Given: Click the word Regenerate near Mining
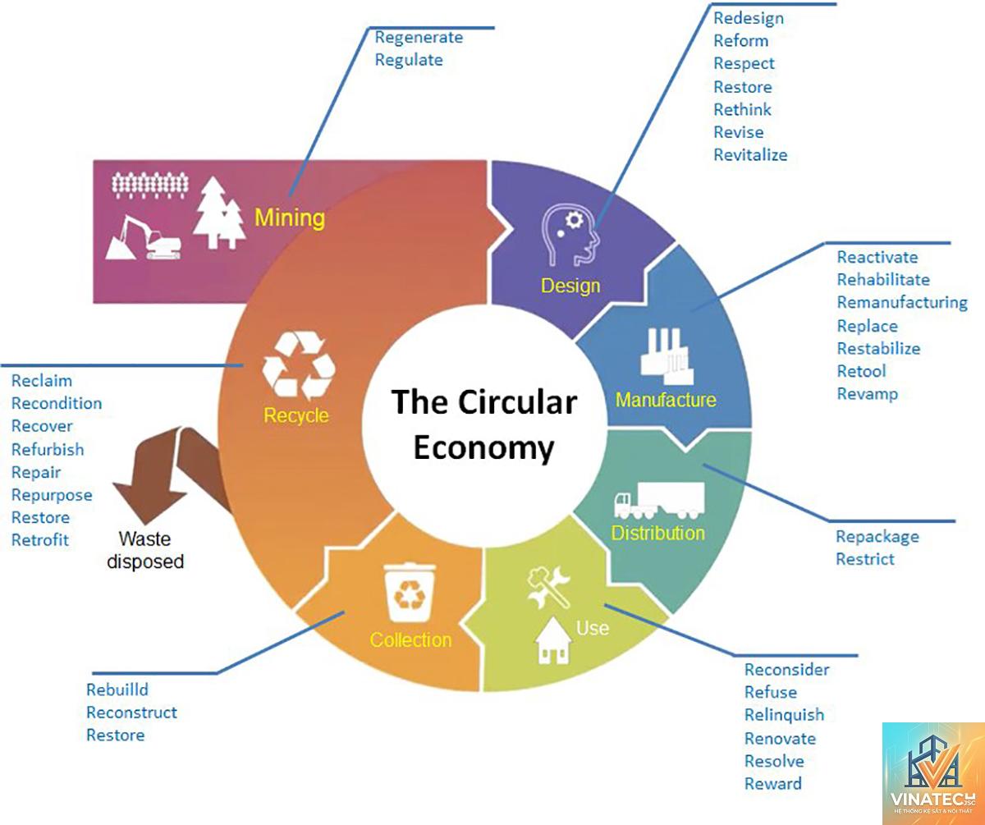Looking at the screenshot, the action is (419, 38).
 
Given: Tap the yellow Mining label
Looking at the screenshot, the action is (290, 218).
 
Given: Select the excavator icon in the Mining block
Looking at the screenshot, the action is (143, 237).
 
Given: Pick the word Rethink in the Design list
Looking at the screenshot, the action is (742, 110).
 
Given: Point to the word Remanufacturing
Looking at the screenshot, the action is (902, 303).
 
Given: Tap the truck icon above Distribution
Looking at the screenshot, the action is (659, 501).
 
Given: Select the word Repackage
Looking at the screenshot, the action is (877, 537).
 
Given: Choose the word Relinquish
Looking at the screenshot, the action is (784, 715).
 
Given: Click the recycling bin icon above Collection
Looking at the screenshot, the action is (410, 593).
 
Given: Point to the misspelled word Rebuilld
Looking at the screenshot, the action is (117, 690).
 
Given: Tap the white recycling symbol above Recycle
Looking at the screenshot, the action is (299, 365).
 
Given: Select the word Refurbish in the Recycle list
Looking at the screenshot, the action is (48, 450).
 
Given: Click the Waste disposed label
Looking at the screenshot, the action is (145, 550).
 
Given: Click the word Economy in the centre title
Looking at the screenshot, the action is (483, 448).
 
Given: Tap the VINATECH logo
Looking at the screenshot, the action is (933, 773).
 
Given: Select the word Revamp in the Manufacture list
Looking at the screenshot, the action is (867, 394).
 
